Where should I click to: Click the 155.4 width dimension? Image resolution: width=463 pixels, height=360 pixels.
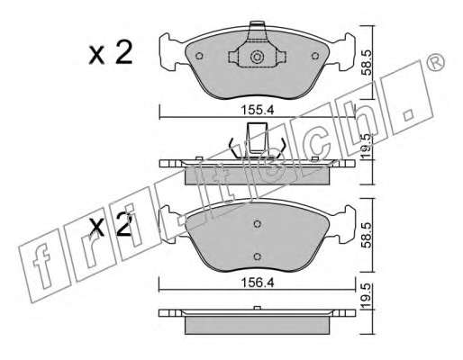point(258,110)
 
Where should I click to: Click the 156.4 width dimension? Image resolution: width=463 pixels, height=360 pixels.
point(258,283)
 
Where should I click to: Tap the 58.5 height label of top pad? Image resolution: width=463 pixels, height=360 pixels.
point(367,63)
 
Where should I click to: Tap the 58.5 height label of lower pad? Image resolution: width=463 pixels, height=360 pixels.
point(367,235)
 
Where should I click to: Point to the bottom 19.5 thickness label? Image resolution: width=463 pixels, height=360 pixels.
point(367,296)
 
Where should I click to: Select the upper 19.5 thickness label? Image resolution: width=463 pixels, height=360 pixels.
point(367,146)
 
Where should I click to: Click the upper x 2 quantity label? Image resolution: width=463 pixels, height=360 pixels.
point(111,53)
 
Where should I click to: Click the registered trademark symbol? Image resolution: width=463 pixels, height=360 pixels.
point(435,62)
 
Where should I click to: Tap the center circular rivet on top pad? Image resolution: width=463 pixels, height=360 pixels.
point(257,57)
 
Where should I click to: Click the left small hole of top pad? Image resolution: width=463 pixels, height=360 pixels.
point(199,56)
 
